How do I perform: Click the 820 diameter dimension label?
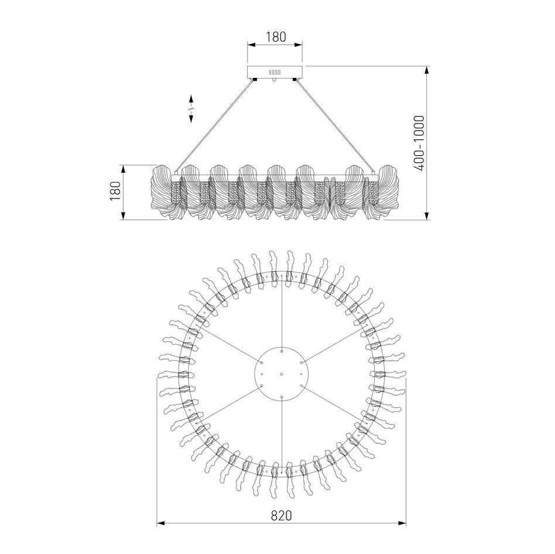click(282, 516)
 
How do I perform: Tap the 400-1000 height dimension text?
click(419, 143)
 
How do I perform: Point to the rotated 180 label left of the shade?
click(115, 191)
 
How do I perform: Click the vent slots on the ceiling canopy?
click(275, 73)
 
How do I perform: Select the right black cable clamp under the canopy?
click(296, 80)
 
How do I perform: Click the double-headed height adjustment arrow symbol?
click(191, 108)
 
